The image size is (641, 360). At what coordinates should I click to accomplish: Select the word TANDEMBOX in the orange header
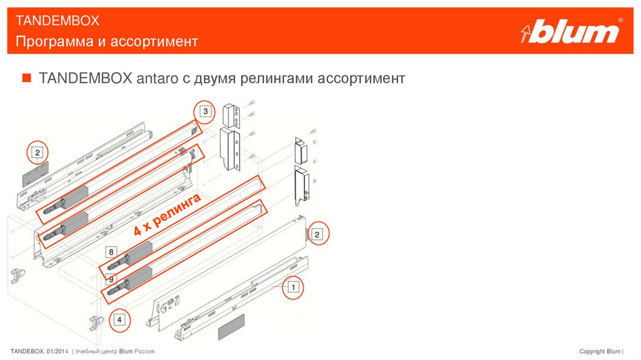[58, 21]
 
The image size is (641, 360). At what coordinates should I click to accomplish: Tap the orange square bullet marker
[26, 78]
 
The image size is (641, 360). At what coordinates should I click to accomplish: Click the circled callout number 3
[205, 112]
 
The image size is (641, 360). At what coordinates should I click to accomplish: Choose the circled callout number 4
[119, 321]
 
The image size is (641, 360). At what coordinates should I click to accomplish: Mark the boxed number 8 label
[111, 253]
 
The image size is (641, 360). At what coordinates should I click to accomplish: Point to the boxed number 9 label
[111, 279]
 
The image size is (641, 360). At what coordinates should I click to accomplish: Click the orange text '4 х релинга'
[167, 215]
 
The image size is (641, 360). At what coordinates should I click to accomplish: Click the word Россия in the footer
[145, 351]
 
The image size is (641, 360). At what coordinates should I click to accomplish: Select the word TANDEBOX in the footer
[28, 351]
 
